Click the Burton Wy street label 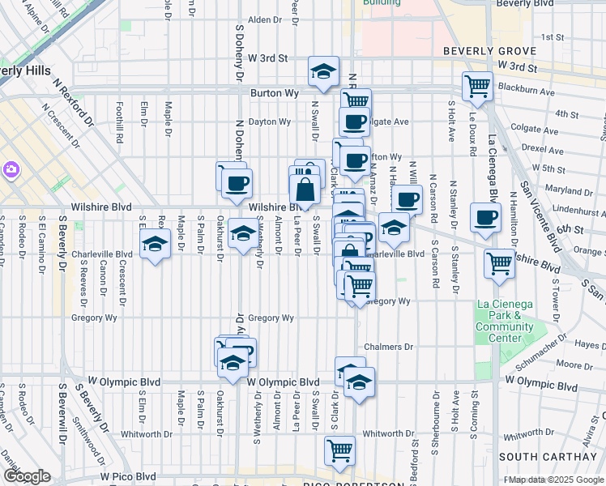(x=271, y=93)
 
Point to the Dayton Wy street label (x=269, y=122)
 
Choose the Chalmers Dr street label (x=388, y=347)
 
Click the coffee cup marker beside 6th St (x=484, y=217)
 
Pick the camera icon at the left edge (x=12, y=169)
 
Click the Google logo (x=26, y=476)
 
